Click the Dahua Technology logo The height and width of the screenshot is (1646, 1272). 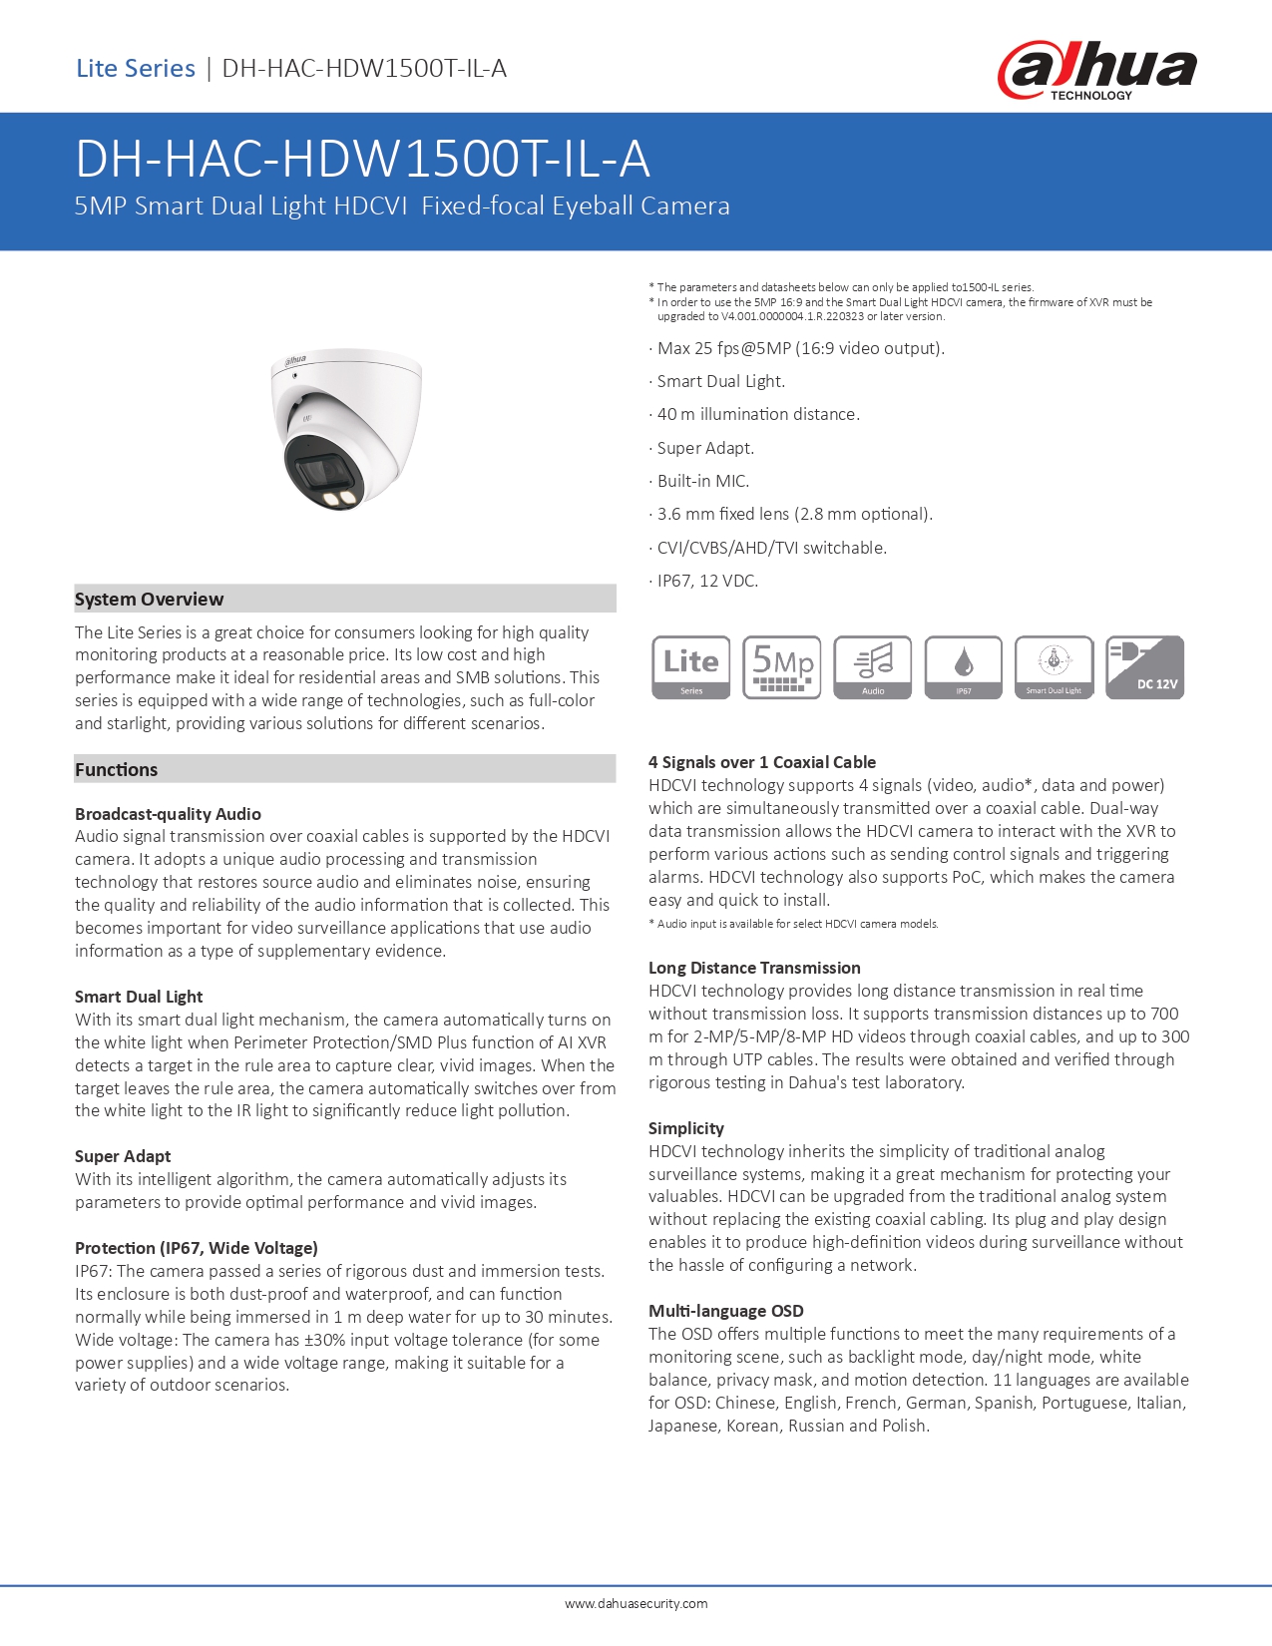pyautogui.click(x=1096, y=70)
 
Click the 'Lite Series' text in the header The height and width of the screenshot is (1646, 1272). pyautogui.click(x=136, y=69)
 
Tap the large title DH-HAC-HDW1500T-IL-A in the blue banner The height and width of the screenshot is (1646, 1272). pyautogui.click(x=362, y=160)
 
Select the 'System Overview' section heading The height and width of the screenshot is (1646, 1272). pyautogui.click(x=150, y=600)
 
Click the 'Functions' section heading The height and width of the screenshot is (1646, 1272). pyautogui.click(x=117, y=770)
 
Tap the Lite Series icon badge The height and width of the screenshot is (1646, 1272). pyautogui.click(x=690, y=667)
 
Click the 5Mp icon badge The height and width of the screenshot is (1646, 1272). pyautogui.click(x=782, y=667)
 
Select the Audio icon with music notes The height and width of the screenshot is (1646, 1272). pyautogui.click(x=873, y=667)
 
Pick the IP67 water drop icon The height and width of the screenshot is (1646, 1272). pyautogui.click(x=964, y=667)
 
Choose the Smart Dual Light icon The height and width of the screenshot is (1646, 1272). pyautogui.click(x=1054, y=667)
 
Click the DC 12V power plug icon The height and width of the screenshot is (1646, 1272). pyautogui.click(x=1145, y=667)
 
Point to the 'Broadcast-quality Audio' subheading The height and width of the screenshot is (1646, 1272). pyautogui.click(x=168, y=814)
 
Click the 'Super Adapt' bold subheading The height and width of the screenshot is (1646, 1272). pyautogui.click(x=123, y=1156)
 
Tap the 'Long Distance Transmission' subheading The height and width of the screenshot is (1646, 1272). pyautogui.click(x=754, y=968)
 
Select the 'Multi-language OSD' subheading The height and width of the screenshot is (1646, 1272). pyautogui.click(x=725, y=1311)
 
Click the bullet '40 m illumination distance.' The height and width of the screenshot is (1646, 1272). pyautogui.click(x=757, y=415)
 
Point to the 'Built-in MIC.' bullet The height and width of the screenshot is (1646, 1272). pyautogui.click(x=702, y=481)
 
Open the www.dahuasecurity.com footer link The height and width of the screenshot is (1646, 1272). pyautogui.click(x=636, y=1604)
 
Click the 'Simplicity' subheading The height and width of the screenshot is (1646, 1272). pyautogui.click(x=686, y=1128)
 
